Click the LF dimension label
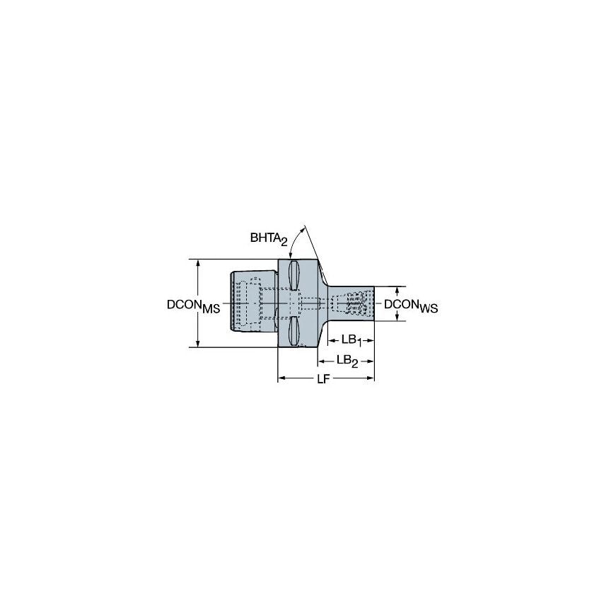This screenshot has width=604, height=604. [x=324, y=379]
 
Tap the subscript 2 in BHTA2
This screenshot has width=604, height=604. [x=284, y=244]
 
